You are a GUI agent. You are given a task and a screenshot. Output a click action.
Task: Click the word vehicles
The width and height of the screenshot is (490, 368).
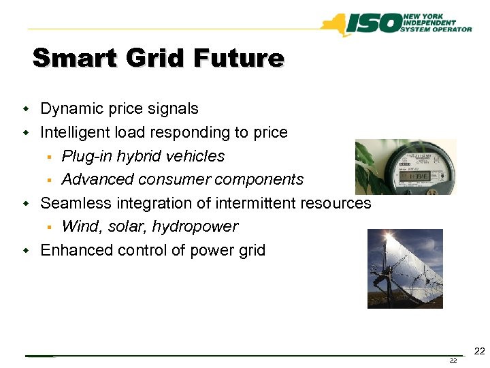coord(197,156)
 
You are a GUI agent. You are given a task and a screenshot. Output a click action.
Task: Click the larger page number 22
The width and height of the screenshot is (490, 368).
coord(479,351)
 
